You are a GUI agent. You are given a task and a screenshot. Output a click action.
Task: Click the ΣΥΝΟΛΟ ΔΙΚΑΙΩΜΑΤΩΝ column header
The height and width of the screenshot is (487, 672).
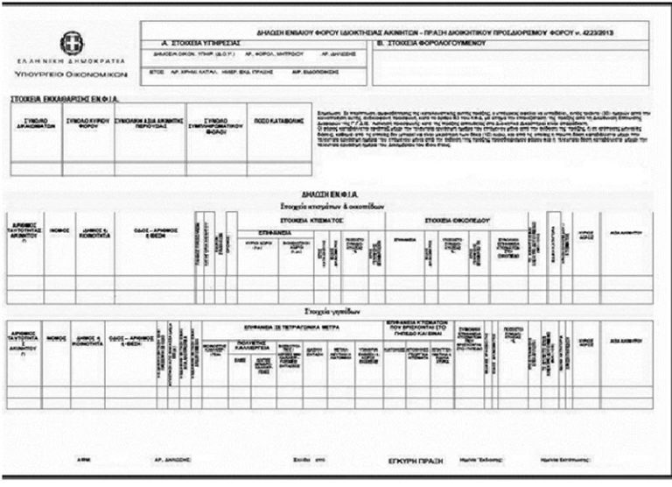click(36, 123)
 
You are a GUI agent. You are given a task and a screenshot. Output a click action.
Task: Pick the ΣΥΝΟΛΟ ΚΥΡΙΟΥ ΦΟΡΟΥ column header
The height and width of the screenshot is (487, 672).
click(87, 123)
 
